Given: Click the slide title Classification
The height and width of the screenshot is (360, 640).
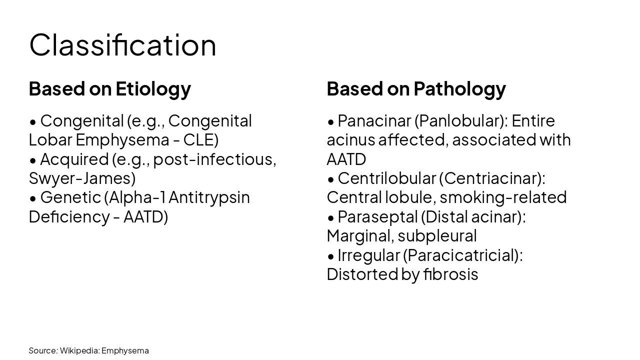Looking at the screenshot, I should pos(122,45).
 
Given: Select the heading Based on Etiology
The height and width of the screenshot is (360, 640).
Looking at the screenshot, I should pos(109,88).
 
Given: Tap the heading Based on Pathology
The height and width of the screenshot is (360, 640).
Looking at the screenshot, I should pos(416,88).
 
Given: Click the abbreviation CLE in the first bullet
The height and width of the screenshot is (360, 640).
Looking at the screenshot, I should pos(198,140).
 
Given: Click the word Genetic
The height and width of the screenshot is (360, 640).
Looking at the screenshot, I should pos(70,197).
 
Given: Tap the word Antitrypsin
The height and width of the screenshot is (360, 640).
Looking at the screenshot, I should pos(209,197).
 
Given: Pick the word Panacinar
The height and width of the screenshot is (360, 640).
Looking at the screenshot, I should pos(374,121).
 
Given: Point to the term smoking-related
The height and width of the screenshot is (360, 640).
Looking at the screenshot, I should pos(503,197).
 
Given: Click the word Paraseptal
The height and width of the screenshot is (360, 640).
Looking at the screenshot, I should pos(377,217).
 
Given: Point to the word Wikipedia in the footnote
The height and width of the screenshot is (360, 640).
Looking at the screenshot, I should pos(79,350).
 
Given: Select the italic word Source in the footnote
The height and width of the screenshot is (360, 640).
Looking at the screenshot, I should pos(42,350).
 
